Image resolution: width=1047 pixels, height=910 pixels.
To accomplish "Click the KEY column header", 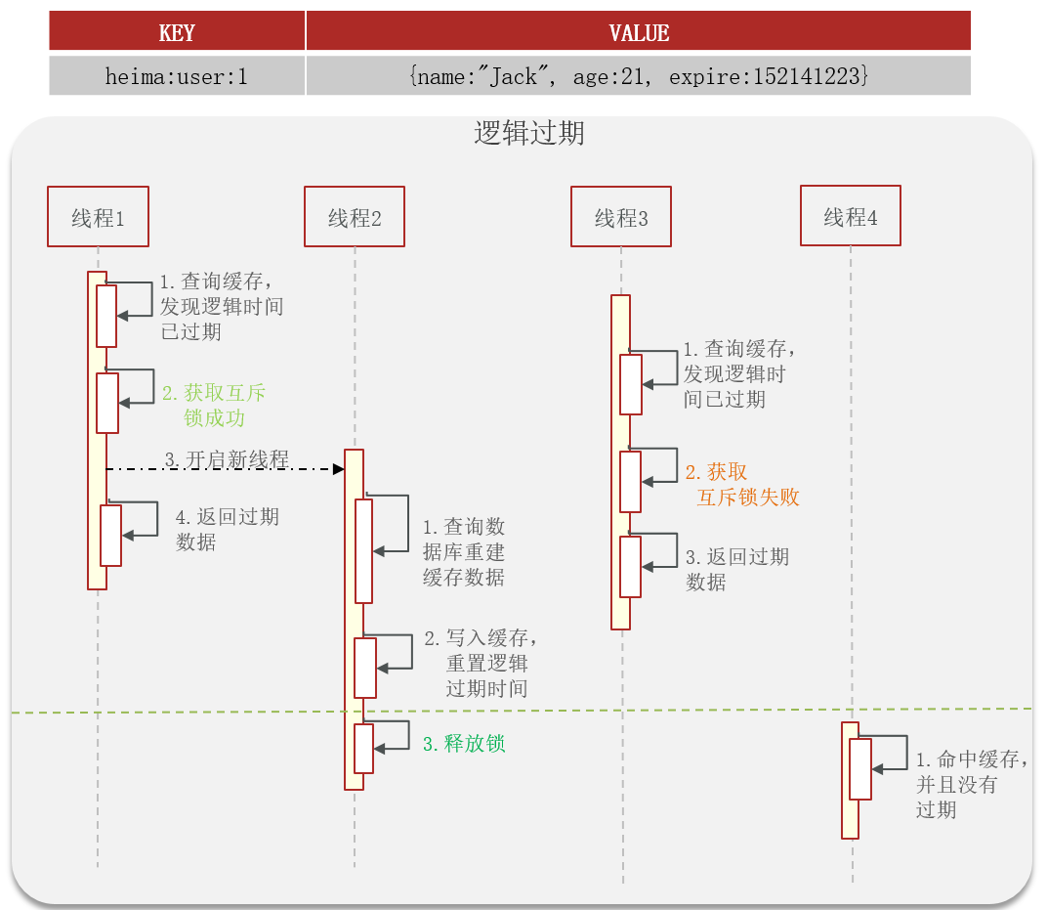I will (177, 32).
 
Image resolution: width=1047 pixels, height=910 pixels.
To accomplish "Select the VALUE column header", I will (639, 32).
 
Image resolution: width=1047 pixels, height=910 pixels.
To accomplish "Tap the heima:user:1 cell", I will (177, 75).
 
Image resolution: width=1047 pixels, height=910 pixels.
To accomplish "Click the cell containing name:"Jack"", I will (639, 75).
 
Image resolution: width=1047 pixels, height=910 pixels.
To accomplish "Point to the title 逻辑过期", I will (529, 133).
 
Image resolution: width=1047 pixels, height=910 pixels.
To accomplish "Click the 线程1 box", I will (98, 216).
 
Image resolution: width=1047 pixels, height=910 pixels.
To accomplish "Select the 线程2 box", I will (354, 217).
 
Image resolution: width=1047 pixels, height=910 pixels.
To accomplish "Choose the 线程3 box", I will (621, 217).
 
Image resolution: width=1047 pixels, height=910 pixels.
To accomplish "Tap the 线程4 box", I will (850, 216).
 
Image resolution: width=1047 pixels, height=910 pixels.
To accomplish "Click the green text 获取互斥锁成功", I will (213, 406).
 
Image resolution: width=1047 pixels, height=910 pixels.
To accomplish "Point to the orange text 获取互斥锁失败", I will (742, 485).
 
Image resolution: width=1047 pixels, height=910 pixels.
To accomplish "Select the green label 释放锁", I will (464, 743).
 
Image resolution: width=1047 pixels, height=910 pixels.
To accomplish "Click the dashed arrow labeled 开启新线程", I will (225, 469).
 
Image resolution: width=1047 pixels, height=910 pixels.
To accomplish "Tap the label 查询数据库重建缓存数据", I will (464, 552).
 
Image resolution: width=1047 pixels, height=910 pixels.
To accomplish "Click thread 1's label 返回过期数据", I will (227, 529).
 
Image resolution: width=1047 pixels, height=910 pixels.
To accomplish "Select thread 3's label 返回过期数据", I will (736, 569).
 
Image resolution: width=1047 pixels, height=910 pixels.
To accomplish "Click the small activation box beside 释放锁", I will (364, 748).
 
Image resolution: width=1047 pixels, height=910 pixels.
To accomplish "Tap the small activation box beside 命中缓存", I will (859, 768).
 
